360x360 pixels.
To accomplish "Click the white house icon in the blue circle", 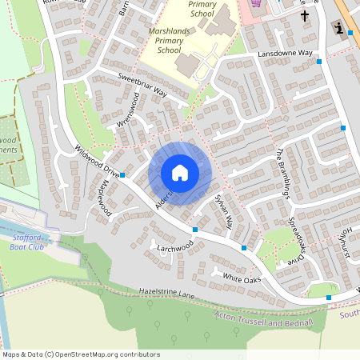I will tap(179, 173).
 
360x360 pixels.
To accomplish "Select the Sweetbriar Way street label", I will tap(142, 84).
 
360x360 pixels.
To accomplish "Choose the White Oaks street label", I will tap(242, 278).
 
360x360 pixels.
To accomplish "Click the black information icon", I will tap(339, 30).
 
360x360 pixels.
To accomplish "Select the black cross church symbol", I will tap(305, 15).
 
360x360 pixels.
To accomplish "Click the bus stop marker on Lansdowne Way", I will tap(319, 62).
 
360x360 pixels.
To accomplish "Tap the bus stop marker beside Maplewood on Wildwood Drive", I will tap(122, 174).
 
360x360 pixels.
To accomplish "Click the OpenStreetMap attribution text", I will tap(80, 354).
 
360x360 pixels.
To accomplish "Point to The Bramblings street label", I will tap(286, 171).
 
